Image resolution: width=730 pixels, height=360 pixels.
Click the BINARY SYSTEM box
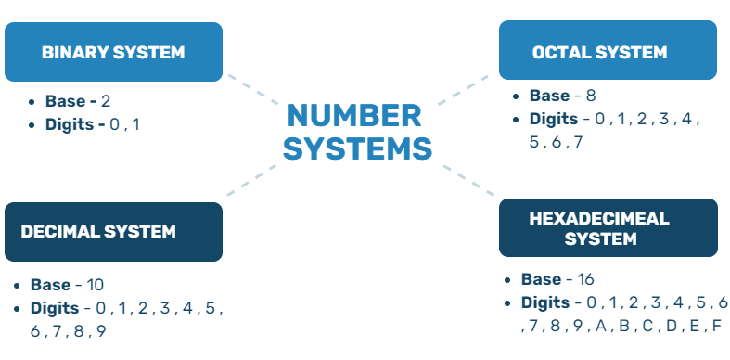click(113, 52)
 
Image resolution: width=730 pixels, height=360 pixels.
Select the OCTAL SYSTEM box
click(608, 52)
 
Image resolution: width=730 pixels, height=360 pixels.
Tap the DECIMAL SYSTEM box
click(113, 231)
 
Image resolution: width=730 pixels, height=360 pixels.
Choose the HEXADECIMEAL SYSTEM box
click(608, 228)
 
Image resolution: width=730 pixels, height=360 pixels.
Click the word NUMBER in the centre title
click(353, 116)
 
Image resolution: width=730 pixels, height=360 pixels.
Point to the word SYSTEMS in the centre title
click(357, 148)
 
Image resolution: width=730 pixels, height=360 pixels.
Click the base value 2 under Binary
click(106, 101)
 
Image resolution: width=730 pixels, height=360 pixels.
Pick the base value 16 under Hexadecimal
click(584, 279)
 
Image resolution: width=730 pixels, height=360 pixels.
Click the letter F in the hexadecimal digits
click(716, 326)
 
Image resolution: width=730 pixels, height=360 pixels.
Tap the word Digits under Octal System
click(554, 119)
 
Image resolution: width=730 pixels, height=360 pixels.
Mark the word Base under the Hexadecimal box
click(541, 279)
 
